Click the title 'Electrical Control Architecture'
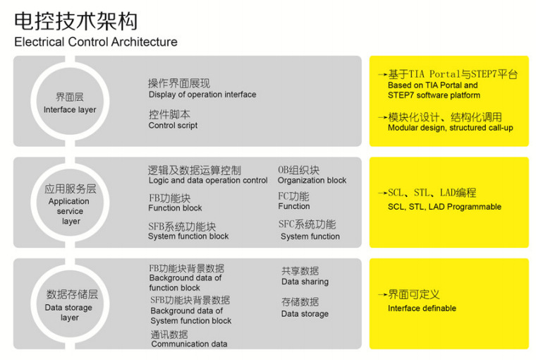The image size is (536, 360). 96,42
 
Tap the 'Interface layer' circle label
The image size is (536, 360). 70,109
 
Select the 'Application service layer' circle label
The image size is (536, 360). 70,211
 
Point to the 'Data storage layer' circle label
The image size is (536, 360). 68,313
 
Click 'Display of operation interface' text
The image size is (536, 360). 202,95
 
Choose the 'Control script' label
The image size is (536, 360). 173,125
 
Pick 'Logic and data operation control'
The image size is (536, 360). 208,180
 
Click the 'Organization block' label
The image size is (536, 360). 312,180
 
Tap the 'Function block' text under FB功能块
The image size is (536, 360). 175,208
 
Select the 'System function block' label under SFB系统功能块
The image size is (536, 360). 188,236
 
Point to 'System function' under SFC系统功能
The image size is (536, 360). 310,236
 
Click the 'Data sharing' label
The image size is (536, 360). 305,282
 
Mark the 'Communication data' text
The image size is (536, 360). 190,344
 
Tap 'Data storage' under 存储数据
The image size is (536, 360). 305,314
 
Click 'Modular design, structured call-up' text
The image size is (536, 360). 451,128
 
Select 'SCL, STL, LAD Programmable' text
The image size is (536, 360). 445,207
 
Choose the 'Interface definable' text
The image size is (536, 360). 422,308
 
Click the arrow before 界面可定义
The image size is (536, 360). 383,294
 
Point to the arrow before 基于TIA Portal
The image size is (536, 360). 383,74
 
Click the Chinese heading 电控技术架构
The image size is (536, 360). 76,21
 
